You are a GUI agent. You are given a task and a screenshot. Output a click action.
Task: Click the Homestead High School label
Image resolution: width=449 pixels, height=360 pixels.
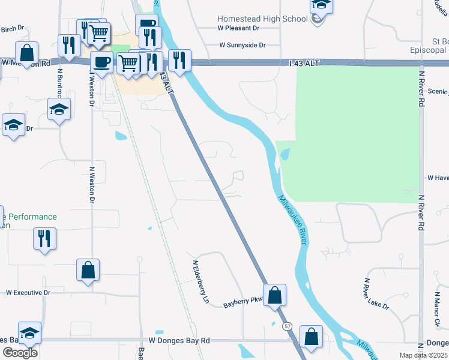click(262, 19)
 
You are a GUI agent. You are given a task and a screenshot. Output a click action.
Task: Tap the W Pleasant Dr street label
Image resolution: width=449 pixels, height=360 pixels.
click(238, 28)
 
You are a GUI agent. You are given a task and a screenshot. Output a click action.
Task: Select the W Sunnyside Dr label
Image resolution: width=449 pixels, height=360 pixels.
click(241, 45)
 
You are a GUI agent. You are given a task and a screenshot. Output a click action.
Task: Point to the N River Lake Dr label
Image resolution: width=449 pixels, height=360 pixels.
click(375, 296)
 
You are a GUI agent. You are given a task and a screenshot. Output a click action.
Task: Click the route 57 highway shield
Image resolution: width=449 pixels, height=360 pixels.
click(288, 325)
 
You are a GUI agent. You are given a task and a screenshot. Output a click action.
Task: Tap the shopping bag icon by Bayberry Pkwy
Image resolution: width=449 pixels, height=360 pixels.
click(274, 295)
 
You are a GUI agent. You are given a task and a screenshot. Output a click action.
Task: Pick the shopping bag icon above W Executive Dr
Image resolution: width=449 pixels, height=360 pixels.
click(88, 270)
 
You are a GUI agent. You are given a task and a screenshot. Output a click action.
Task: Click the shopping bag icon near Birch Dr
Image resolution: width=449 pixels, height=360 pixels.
click(27, 52)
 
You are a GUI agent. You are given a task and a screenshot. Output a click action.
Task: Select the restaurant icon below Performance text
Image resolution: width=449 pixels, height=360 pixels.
click(44, 238)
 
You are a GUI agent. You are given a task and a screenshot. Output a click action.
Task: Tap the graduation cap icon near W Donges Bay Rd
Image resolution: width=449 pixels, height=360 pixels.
click(30, 333)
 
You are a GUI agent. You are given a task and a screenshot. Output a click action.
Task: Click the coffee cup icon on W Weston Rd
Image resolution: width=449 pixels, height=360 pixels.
click(101, 61)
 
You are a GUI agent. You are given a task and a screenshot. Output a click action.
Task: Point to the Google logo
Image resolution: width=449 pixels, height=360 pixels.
click(20, 353)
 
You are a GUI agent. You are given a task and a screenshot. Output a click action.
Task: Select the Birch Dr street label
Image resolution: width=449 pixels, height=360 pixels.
click(12, 29)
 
